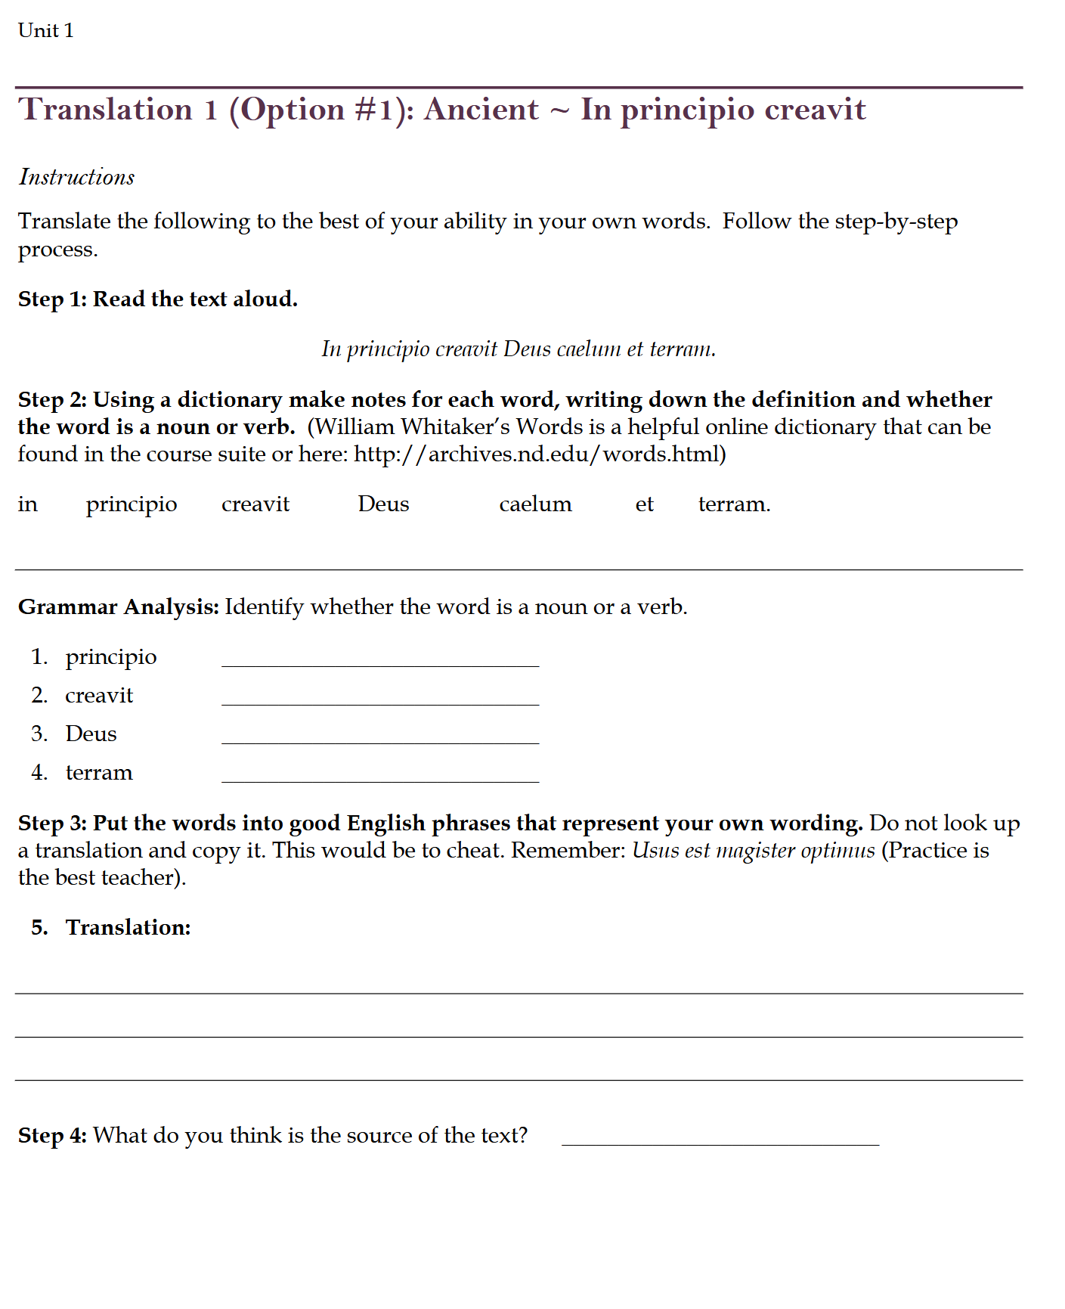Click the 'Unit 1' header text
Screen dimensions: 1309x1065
point(45,30)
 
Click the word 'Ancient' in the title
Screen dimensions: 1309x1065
point(481,110)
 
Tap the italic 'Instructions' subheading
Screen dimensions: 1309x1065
point(76,177)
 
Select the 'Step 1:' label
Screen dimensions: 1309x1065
point(51,299)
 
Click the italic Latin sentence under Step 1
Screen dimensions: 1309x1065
point(518,349)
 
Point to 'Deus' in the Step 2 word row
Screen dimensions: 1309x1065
point(383,504)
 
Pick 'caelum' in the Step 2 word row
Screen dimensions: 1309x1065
point(535,504)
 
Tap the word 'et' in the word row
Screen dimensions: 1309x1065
point(644,504)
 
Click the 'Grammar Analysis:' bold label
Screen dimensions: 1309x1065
point(119,607)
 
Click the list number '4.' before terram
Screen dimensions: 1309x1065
point(39,772)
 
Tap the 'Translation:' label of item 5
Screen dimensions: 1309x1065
point(128,927)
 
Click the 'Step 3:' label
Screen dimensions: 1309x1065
point(52,823)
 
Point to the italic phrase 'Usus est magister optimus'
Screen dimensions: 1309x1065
point(753,850)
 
